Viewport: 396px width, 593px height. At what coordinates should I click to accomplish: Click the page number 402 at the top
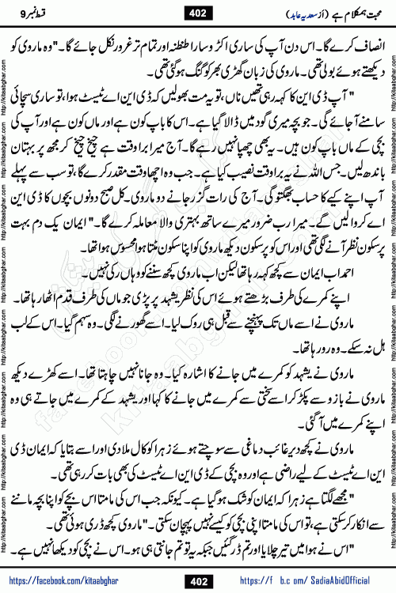pyautogui.click(x=198, y=12)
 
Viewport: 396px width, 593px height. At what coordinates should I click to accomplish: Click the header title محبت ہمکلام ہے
pyautogui.click(x=352, y=12)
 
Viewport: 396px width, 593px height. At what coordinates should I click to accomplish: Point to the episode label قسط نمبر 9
pyautogui.click(x=41, y=12)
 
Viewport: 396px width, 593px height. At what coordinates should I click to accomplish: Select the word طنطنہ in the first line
pyautogui.click(x=204, y=37)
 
